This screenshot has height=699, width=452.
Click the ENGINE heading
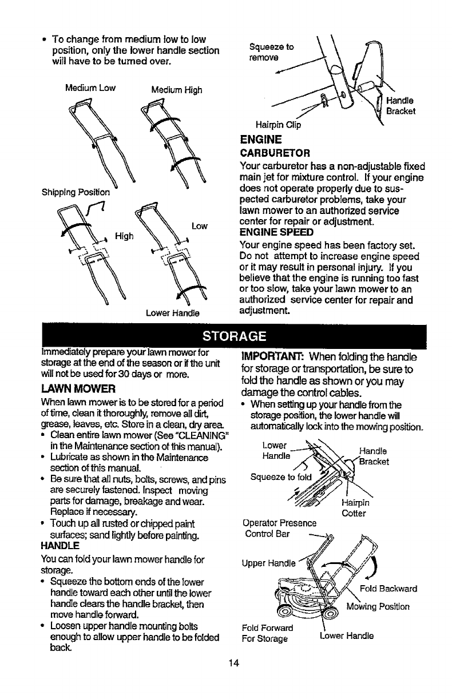click(x=260, y=140)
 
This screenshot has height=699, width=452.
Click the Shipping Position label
click(x=68, y=190)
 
